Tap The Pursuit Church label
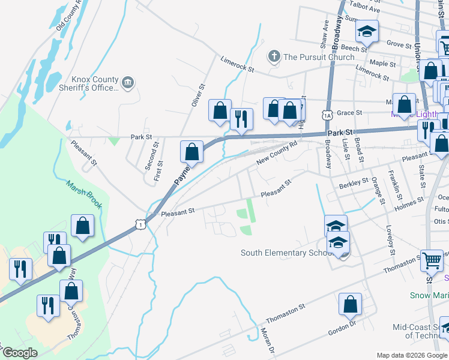point(319,57)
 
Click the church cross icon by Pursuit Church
point(274,57)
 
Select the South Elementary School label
point(286,253)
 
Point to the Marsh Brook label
point(85,195)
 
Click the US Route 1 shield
point(140,224)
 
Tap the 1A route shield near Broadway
point(327,115)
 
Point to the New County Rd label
point(277,154)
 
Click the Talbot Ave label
point(366,10)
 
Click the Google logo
point(20,353)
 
